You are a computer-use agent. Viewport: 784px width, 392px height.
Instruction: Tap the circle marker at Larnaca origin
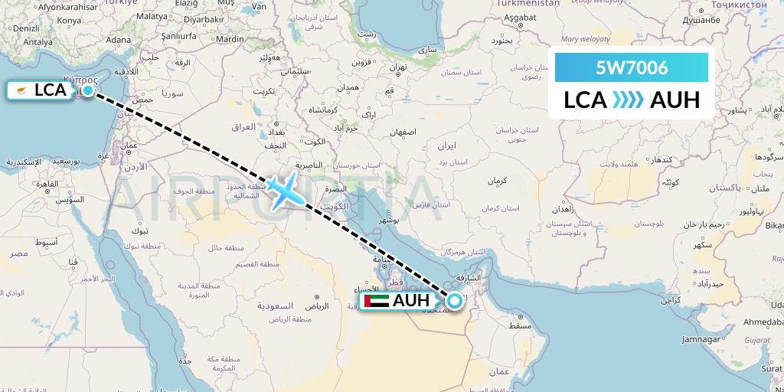[x=88, y=90]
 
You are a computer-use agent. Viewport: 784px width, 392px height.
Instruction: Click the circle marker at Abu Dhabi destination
[x=455, y=301]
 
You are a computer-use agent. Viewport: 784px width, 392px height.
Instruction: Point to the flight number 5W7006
[x=632, y=68]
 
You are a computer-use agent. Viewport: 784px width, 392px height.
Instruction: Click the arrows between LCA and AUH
[x=628, y=100]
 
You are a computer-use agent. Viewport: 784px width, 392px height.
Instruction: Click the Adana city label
[x=118, y=40]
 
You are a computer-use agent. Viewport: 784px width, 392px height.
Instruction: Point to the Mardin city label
[x=230, y=39]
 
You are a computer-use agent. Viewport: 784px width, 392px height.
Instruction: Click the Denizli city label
[x=26, y=28]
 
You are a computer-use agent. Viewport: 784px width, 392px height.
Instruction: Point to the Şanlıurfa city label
[x=175, y=34]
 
